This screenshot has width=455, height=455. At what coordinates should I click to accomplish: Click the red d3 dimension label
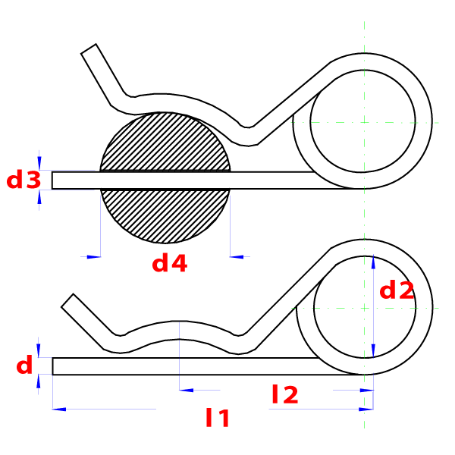[x=24, y=180]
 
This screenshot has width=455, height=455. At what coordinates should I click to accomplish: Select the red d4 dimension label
[x=170, y=262]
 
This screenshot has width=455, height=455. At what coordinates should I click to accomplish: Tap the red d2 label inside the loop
[x=397, y=290]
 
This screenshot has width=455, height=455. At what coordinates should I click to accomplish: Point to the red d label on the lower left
[x=24, y=365]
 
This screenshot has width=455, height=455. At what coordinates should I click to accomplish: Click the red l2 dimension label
[x=285, y=394]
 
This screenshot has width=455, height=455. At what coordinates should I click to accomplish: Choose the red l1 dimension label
[x=218, y=418]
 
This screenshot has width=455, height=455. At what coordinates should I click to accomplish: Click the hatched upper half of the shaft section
[x=165, y=142]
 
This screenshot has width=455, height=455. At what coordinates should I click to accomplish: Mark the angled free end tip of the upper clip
[x=89, y=49]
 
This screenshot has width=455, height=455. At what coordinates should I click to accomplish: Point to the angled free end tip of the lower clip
[x=67, y=300]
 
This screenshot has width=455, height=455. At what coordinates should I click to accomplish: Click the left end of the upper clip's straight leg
[x=52, y=180]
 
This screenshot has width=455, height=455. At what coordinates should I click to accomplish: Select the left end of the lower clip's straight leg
[x=53, y=366]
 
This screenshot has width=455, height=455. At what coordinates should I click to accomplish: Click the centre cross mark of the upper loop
[x=364, y=122]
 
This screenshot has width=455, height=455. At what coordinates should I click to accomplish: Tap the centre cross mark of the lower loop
[x=364, y=308]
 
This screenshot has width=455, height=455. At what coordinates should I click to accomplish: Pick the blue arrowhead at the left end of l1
[x=59, y=409]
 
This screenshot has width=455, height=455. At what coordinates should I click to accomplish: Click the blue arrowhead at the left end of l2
[x=187, y=391]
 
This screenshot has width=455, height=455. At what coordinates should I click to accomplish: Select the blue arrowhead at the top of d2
[x=373, y=262]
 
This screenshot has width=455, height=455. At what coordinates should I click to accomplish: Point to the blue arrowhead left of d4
[x=94, y=257]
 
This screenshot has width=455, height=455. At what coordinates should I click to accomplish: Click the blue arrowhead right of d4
[x=237, y=257]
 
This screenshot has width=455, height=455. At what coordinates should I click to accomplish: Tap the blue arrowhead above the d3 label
[x=39, y=163]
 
